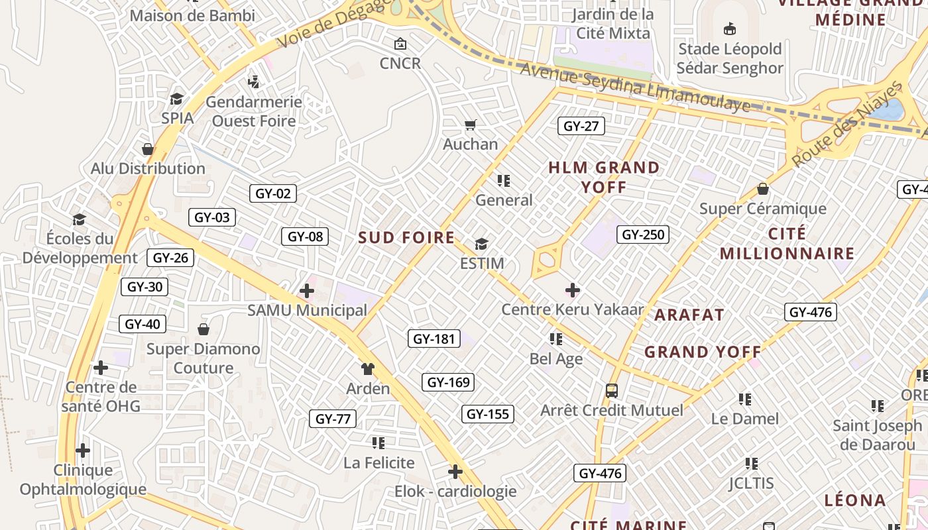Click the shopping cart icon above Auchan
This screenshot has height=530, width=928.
(x=471, y=125)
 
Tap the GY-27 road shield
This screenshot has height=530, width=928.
(x=581, y=126)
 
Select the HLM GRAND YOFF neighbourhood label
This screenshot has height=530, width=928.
(x=604, y=177)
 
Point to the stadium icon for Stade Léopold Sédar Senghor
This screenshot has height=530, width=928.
(x=730, y=28)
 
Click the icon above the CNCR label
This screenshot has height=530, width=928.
(x=400, y=44)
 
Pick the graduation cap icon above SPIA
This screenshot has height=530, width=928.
(x=176, y=99)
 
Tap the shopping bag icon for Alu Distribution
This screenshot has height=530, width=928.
(x=148, y=149)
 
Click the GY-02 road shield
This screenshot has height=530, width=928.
(x=273, y=193)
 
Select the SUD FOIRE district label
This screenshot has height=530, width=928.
(x=406, y=238)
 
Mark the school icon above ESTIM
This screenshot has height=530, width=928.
(x=481, y=244)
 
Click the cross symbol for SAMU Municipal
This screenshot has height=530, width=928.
(x=307, y=290)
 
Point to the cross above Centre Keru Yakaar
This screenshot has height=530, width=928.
(x=573, y=290)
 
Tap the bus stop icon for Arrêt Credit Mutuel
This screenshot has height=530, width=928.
(x=612, y=390)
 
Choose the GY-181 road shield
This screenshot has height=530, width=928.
(x=434, y=339)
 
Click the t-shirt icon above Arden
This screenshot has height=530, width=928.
(x=368, y=368)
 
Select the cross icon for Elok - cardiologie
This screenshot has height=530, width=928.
(x=455, y=472)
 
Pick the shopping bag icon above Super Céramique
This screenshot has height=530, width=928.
(x=763, y=189)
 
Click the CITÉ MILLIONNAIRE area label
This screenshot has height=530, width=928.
(x=787, y=243)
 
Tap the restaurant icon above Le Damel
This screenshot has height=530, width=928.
(x=745, y=399)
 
